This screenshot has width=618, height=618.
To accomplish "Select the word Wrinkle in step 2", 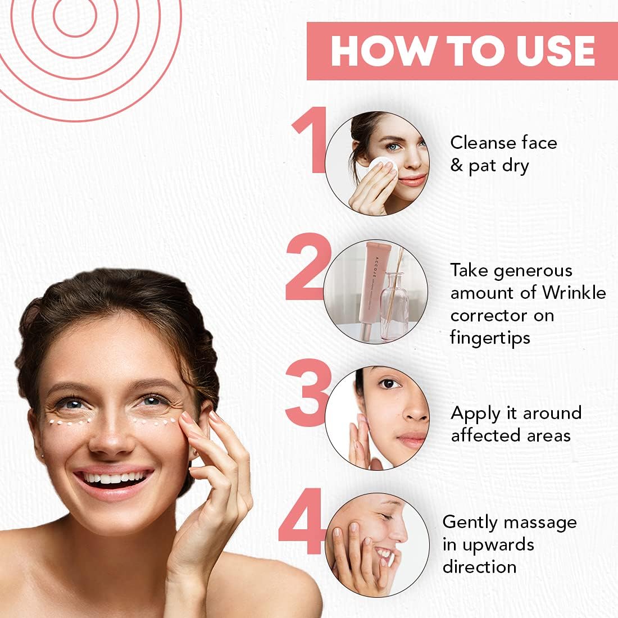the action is coord(574,293).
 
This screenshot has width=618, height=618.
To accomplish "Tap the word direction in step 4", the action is coord(479,567).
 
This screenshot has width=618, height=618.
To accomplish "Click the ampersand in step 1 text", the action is coord(456,166).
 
